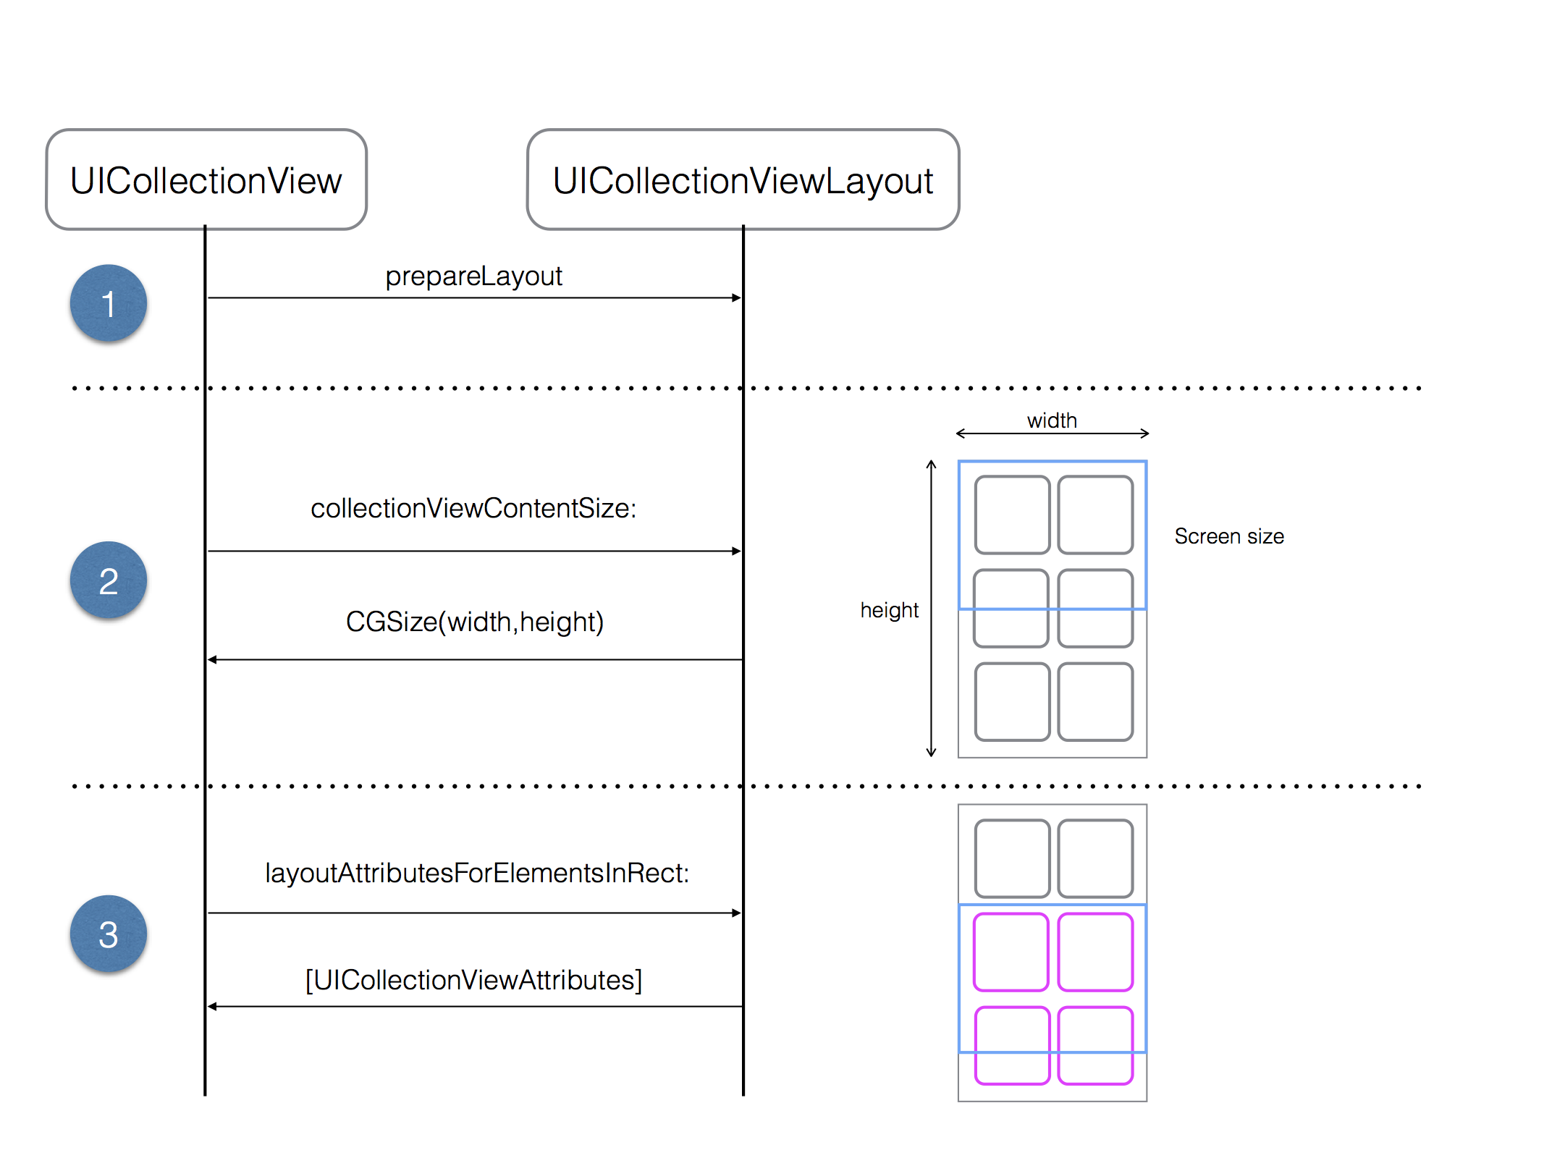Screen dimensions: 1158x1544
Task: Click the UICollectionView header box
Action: coord(206,180)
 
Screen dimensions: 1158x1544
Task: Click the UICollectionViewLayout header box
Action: coord(743,180)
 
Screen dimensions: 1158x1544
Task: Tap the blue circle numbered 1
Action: coord(109,303)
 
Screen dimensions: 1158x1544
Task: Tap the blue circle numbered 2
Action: coord(109,580)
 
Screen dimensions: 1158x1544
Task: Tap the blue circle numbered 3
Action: coord(109,934)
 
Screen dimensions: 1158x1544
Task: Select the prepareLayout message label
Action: coord(473,276)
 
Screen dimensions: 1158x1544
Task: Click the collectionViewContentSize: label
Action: coord(473,508)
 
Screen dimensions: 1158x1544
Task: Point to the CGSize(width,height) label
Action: coord(475,622)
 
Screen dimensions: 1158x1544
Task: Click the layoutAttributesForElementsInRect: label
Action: coord(477,873)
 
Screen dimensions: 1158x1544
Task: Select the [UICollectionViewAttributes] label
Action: coord(473,980)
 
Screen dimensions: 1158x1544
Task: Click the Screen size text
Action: coord(1229,536)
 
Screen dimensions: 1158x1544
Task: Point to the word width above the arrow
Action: coord(1052,420)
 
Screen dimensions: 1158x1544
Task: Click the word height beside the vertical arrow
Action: coord(889,610)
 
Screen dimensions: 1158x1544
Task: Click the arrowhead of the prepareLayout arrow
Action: coord(737,297)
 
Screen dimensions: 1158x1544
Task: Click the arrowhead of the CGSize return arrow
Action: coord(212,659)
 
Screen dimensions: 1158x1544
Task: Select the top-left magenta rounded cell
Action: coord(1011,952)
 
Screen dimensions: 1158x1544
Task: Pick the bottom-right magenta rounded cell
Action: coord(1095,1045)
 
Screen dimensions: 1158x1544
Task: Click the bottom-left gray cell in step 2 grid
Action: coord(1012,701)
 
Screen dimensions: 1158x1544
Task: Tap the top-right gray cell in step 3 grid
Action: coord(1095,858)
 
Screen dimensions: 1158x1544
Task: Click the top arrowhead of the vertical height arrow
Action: coord(932,463)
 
